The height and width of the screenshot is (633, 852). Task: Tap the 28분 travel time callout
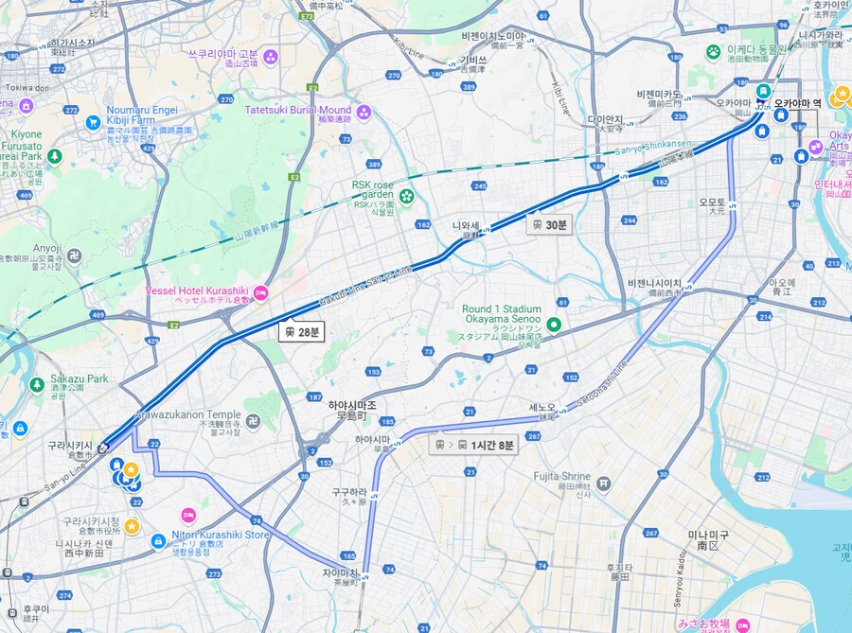[302, 332]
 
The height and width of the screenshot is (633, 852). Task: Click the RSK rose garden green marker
[407, 196]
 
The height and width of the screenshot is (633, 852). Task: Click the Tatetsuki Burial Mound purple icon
[364, 112]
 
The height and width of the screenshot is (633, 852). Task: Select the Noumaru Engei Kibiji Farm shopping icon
[93, 122]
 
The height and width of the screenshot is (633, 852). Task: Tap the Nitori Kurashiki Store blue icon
[158, 540]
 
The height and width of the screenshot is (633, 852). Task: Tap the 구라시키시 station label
[70, 445]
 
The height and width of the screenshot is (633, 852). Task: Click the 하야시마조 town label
[352, 405]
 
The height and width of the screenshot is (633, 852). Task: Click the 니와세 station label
[466, 226]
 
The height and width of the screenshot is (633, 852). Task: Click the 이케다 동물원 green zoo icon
[713, 50]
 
